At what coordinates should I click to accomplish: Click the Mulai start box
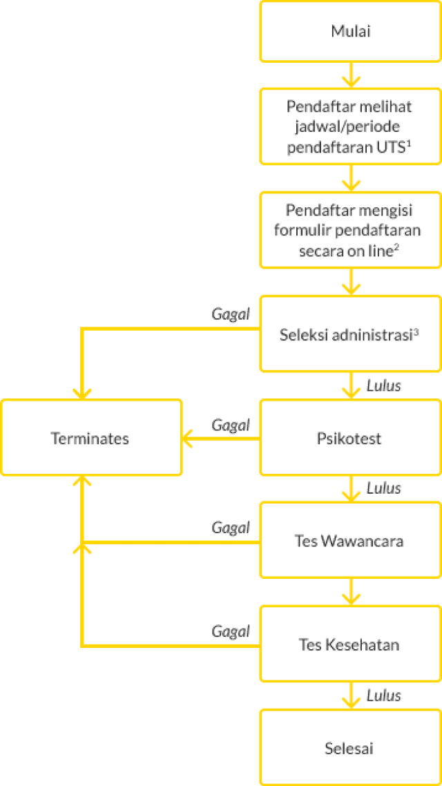350,31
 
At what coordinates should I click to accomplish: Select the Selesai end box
350,748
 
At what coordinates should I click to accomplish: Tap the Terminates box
90,438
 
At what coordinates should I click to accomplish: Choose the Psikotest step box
350,438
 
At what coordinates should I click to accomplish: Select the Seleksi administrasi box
350,334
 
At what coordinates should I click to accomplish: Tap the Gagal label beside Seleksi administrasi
231,314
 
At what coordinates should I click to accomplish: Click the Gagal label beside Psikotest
231,425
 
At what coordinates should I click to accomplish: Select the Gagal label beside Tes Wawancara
231,528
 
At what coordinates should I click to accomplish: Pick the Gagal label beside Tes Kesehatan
231,631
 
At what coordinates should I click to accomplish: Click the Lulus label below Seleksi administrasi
384,385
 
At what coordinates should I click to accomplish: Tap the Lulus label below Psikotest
384,488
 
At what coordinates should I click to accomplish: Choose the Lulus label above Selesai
384,695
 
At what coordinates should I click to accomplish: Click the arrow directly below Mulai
352,74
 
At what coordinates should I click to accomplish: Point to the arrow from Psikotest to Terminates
221,438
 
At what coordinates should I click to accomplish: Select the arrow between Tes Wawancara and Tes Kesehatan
352,591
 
